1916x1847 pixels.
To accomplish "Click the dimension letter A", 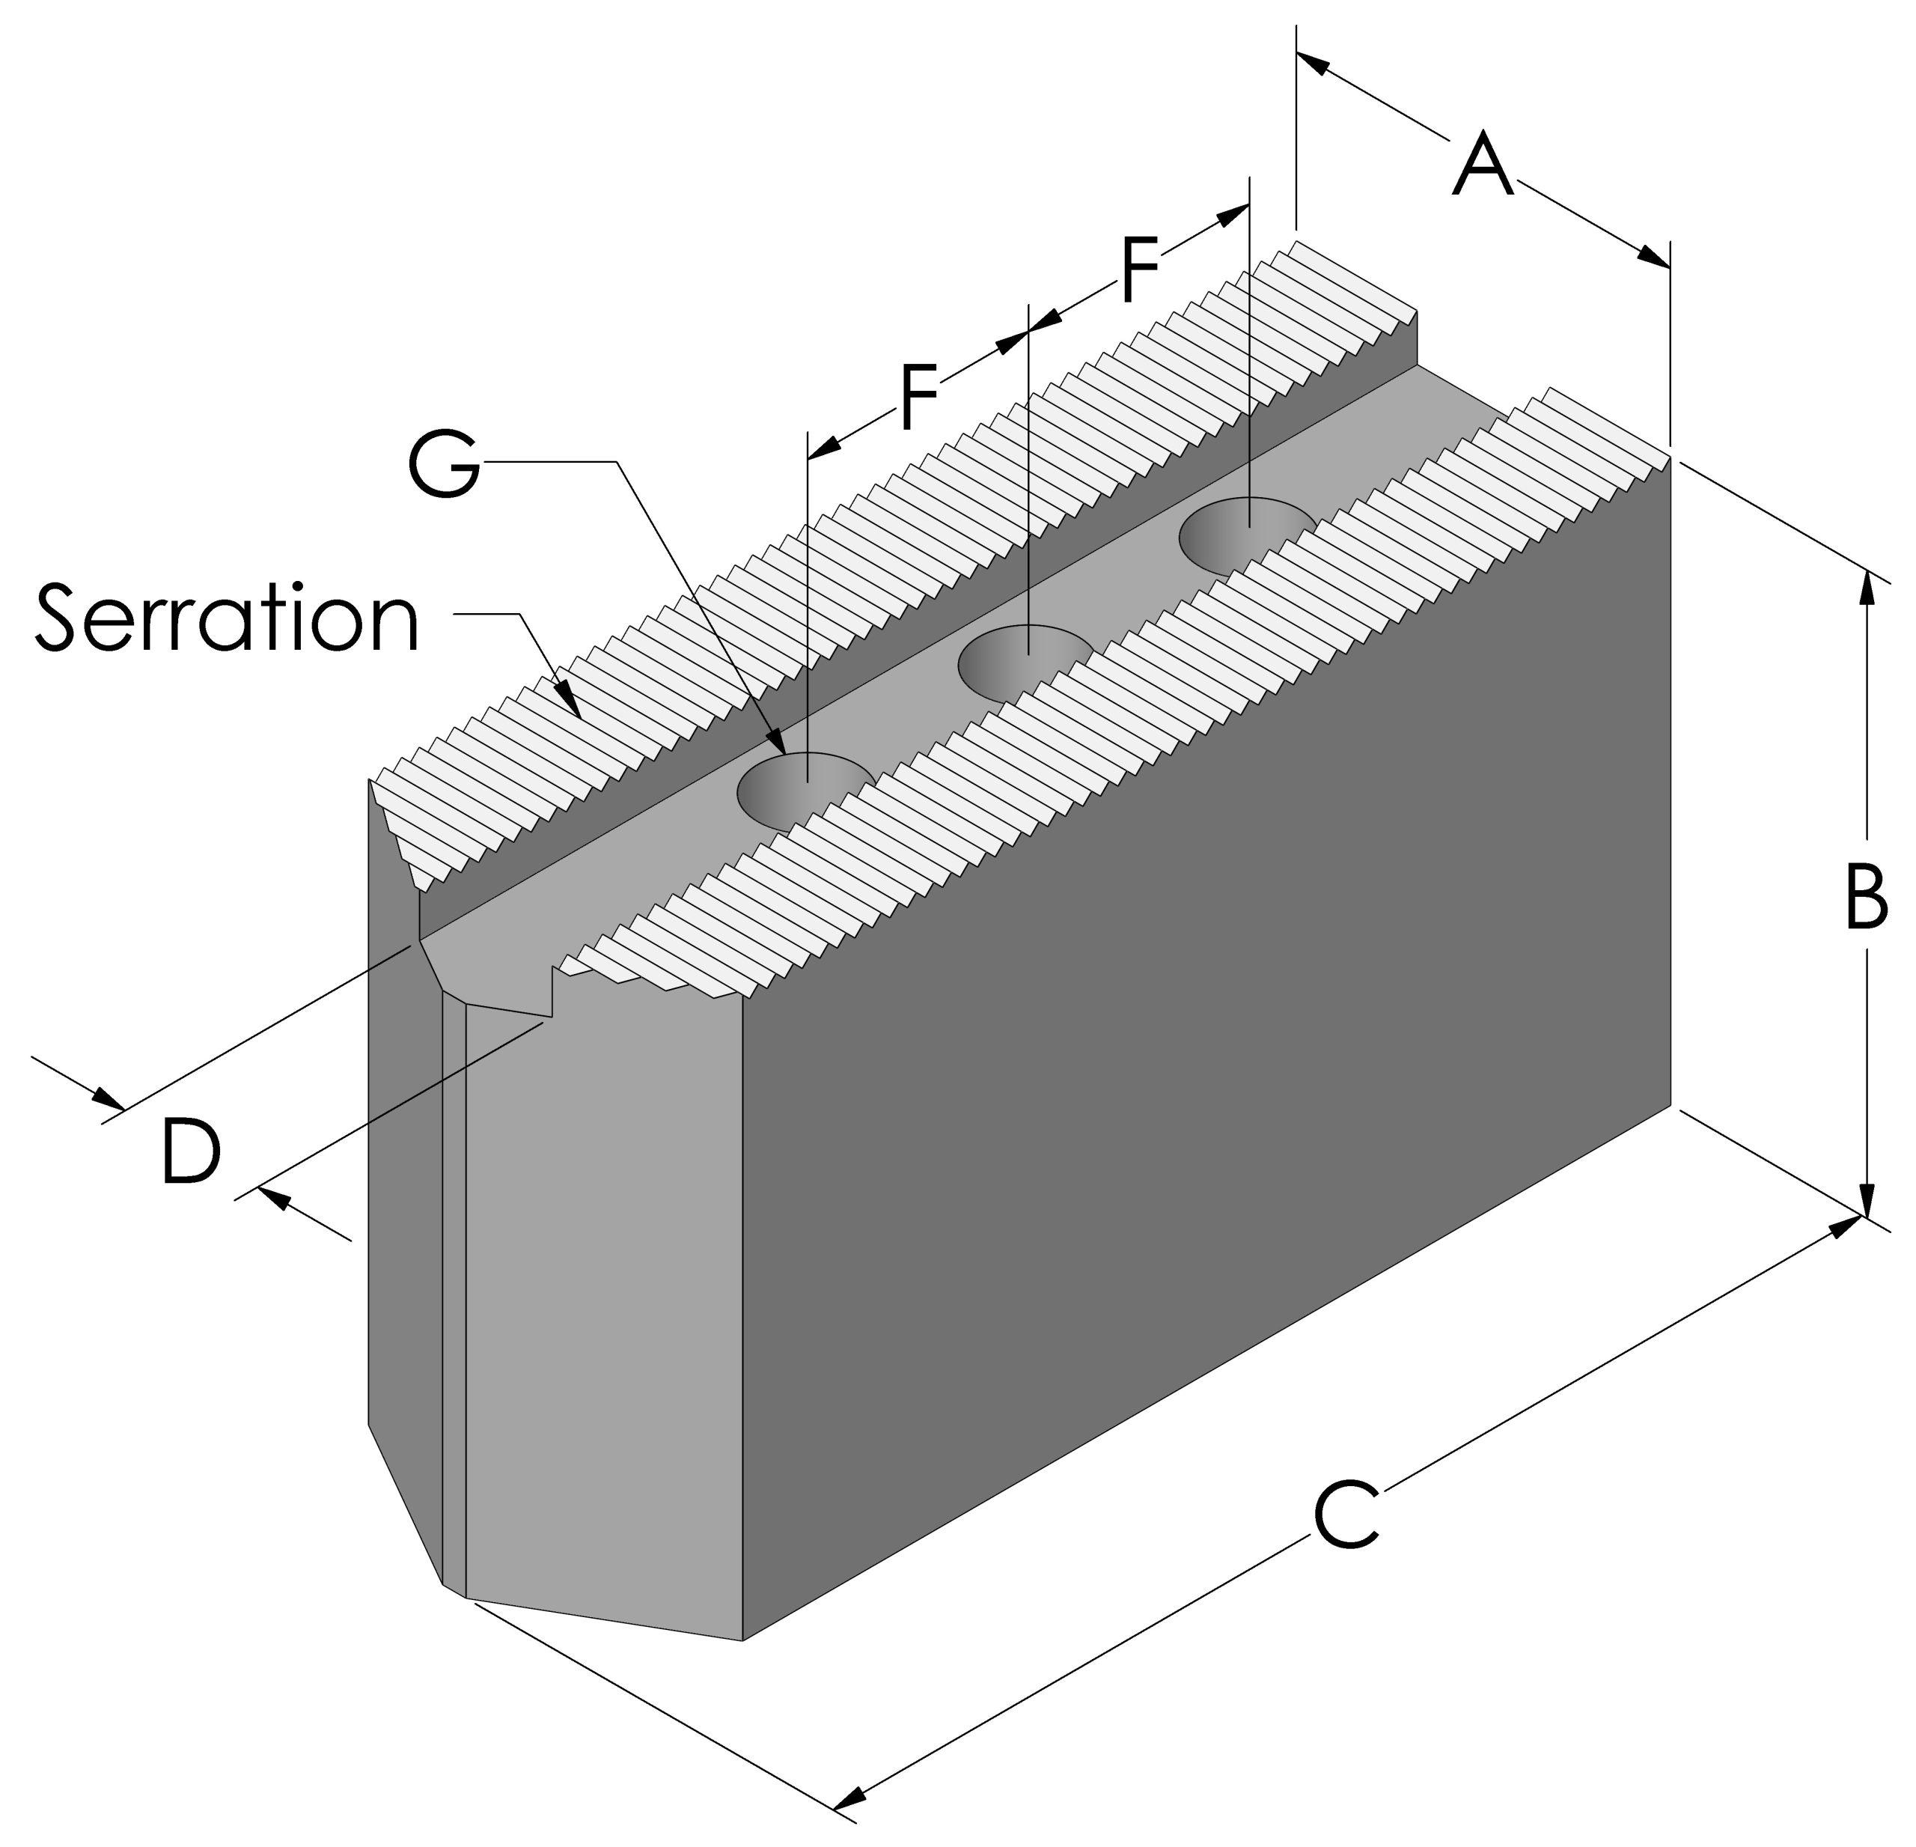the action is point(1483,166).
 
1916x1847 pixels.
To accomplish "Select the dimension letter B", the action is point(1865,897).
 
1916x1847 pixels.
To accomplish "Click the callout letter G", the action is point(445,463).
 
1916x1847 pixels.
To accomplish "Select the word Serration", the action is point(227,617).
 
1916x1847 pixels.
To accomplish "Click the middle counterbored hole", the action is point(1026,663).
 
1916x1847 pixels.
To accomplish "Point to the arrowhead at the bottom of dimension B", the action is point(1866,1201).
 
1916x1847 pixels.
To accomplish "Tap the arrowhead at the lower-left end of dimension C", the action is point(852,1796).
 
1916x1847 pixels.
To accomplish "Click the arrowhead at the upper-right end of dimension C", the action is point(1843,1225).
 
